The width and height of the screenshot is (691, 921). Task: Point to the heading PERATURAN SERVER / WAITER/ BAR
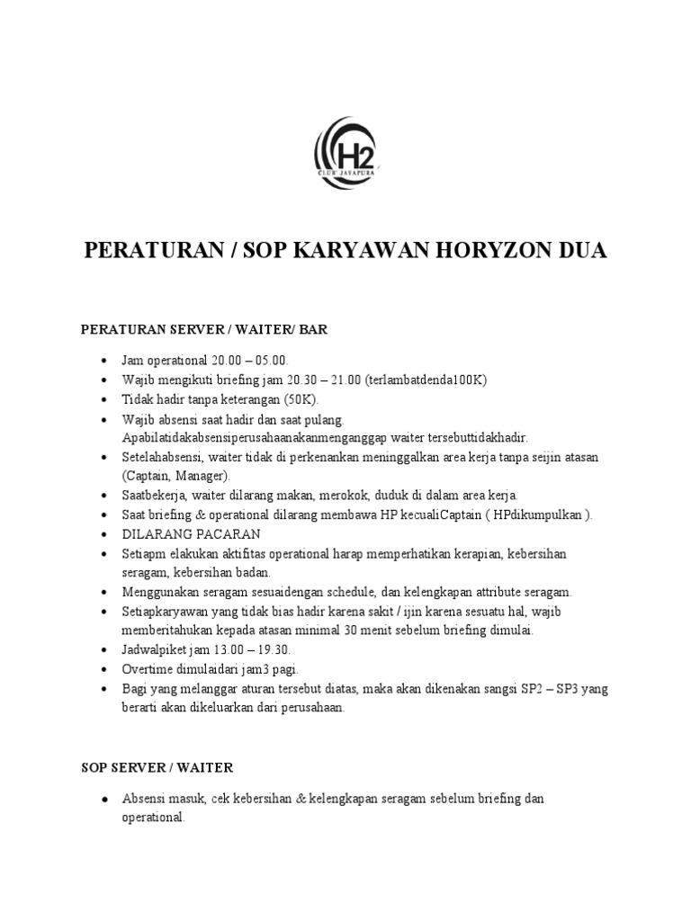204,330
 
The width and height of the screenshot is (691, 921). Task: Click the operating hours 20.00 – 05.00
250,361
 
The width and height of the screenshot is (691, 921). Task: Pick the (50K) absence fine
300,399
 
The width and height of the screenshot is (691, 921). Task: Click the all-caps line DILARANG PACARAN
184,534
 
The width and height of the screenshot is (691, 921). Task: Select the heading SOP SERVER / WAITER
157,767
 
